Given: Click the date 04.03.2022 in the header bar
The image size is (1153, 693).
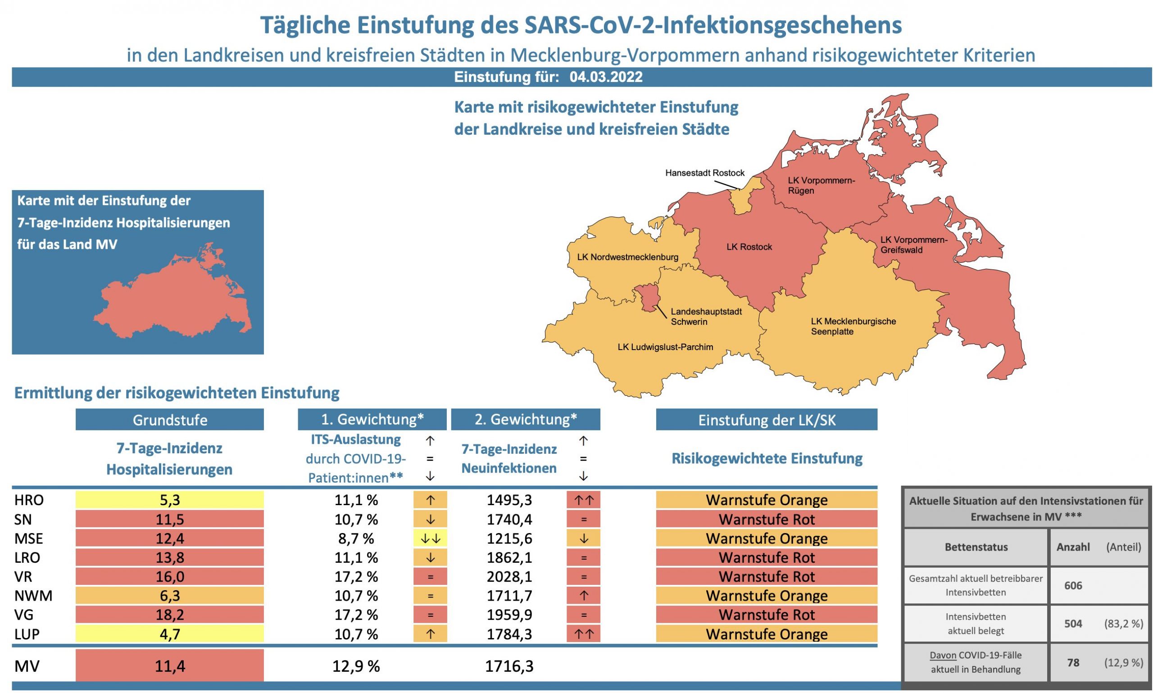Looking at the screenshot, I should [x=605, y=77].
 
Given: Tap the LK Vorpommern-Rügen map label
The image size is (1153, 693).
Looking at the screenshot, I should [x=821, y=185].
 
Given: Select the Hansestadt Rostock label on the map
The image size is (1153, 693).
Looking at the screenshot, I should [x=704, y=173].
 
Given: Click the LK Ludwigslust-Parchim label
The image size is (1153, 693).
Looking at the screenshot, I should [x=665, y=347].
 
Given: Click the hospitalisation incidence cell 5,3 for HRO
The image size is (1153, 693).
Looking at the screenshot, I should [x=169, y=500].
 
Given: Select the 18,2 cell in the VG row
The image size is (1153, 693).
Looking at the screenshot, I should [x=169, y=615].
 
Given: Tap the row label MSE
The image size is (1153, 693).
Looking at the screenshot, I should [x=28, y=538].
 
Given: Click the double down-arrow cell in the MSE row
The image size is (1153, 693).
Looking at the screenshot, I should [x=430, y=538].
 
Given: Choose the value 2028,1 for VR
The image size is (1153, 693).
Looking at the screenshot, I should [x=509, y=577].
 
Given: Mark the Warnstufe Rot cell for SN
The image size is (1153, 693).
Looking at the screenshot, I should [x=766, y=519].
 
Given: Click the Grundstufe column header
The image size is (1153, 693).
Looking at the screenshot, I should [x=169, y=420].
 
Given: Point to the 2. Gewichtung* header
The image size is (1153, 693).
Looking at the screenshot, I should [x=525, y=419].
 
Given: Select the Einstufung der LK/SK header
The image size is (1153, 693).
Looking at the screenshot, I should [x=766, y=420].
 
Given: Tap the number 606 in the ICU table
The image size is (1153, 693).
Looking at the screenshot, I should [x=1073, y=586].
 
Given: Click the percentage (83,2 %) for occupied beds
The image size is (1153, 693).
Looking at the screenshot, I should [x=1123, y=624].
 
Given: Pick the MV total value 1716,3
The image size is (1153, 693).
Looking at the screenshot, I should [x=509, y=666].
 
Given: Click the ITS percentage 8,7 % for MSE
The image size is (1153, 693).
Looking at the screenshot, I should [x=356, y=538].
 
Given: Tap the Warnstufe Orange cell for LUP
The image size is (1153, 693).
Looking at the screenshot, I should [x=766, y=634].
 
